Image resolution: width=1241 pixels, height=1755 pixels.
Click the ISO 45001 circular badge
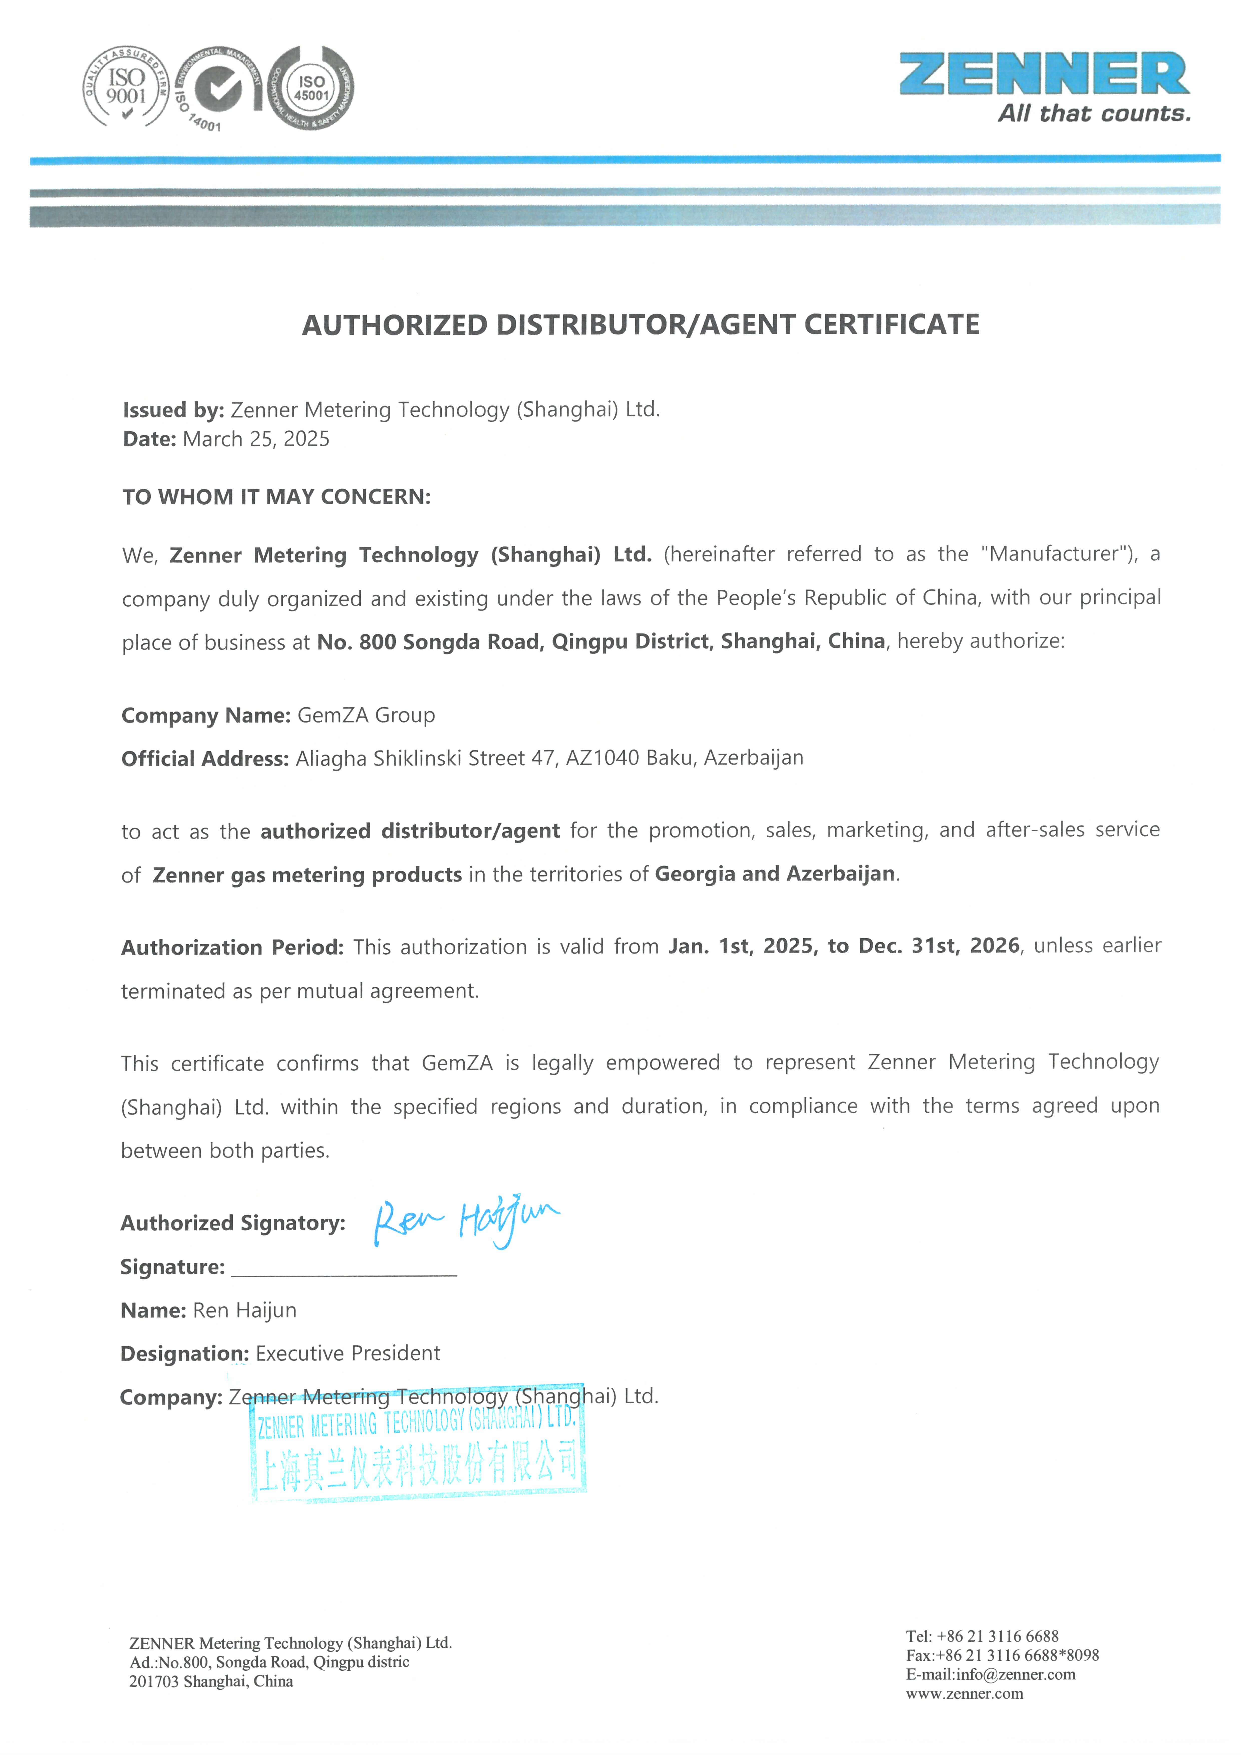312,88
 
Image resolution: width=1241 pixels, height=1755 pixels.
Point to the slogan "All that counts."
1093,114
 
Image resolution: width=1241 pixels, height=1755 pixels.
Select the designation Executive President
348,1354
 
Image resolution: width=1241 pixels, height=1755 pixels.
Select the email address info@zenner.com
1015,1675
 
